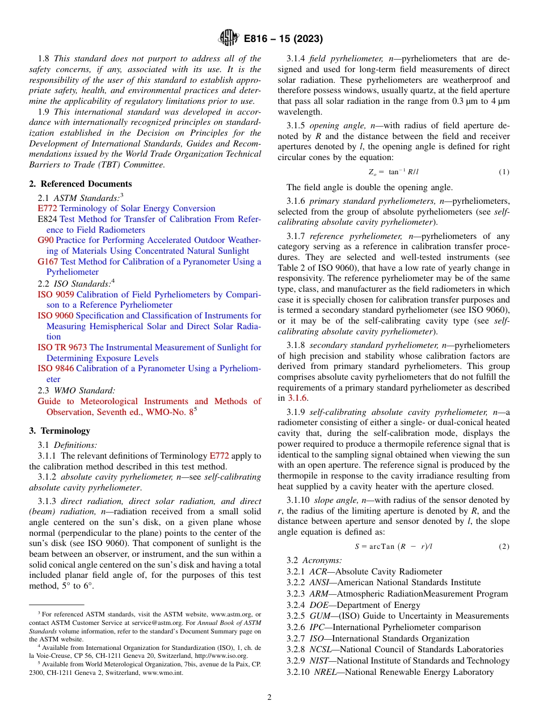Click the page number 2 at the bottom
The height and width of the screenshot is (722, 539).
[x=269, y=697]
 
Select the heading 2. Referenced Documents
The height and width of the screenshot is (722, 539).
[x=80, y=184]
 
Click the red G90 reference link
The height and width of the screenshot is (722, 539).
[x=45, y=240]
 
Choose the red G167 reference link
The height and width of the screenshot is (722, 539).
[x=48, y=262]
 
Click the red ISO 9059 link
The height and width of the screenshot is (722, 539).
[x=56, y=295]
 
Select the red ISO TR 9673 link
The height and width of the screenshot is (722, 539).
[x=62, y=347]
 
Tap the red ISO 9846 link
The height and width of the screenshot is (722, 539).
[x=56, y=369]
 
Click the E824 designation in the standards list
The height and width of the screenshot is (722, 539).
[x=47, y=219]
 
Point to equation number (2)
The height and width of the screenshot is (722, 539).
[x=503, y=546]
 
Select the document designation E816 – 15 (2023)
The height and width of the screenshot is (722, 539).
[x=283, y=39]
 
